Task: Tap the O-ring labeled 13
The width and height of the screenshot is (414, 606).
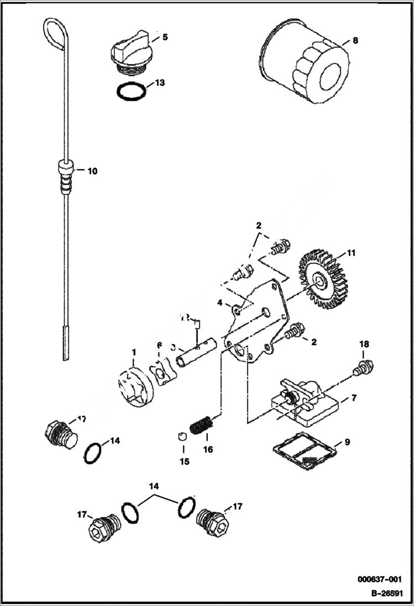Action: click(x=132, y=91)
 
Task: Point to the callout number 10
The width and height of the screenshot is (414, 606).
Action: click(x=92, y=171)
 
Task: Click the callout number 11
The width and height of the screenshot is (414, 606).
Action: click(x=352, y=255)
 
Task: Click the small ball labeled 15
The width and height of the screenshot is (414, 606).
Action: click(x=181, y=437)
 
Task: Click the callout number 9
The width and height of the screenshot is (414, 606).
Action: click(x=347, y=441)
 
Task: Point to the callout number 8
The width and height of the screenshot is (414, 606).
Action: click(x=355, y=40)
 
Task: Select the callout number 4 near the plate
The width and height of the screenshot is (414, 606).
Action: click(x=219, y=303)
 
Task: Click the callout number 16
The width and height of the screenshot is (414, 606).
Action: click(x=208, y=450)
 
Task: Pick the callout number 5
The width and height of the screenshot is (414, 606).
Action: click(x=165, y=38)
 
